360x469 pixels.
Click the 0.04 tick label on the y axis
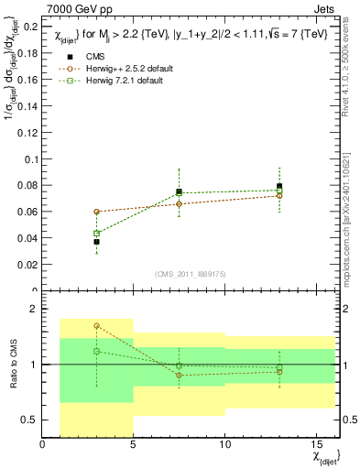pyautogui.click(x=27, y=238)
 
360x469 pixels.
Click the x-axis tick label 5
pyautogui.click(x=134, y=443)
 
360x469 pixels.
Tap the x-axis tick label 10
pyautogui.click(x=225, y=443)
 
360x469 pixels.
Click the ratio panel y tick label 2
pyautogui.click(x=33, y=309)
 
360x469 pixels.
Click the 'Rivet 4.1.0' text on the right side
pyautogui.click(x=352, y=82)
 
